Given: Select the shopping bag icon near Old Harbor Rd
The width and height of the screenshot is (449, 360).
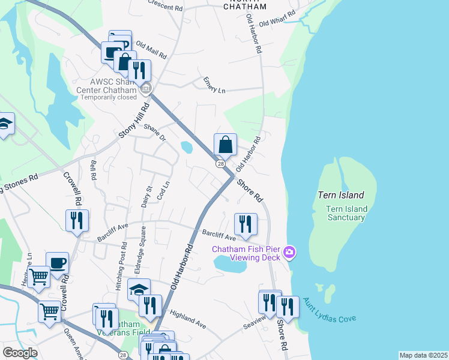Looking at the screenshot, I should click(225, 145).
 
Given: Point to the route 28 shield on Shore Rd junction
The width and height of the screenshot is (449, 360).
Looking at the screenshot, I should click(221, 164).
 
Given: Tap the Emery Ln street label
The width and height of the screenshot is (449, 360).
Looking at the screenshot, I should click(214, 85).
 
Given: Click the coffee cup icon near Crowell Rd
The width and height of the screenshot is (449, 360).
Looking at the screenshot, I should click(57, 263).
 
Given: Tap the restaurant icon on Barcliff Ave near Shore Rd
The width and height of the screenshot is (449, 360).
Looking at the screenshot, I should click(246, 224).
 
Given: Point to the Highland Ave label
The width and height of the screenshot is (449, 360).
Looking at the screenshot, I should click(188, 319).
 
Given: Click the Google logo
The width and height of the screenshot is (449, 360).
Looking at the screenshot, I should click(20, 353).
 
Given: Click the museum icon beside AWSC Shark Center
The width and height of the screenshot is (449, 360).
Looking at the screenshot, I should click(145, 90).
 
